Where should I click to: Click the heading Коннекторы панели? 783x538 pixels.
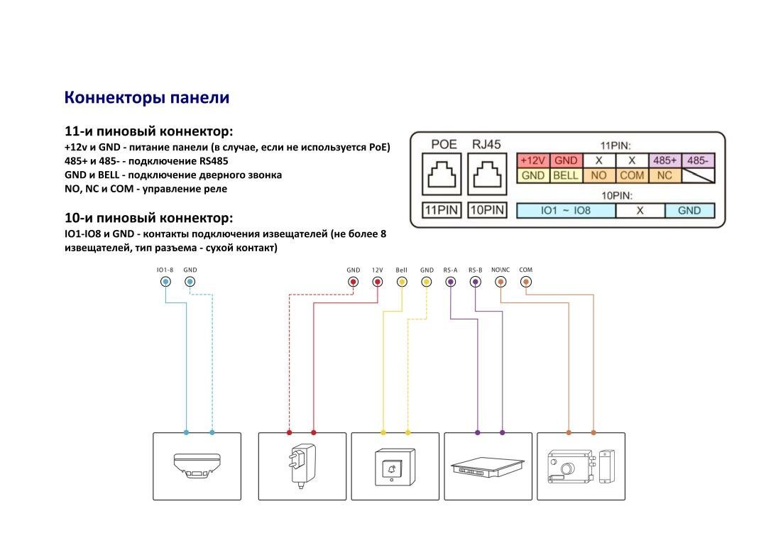pyautogui.click(x=147, y=97)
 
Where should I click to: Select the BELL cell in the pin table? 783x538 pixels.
pyautogui.click(x=566, y=175)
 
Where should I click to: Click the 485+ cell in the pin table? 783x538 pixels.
pyautogui.click(x=665, y=161)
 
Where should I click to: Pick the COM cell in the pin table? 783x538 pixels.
pyautogui.click(x=632, y=175)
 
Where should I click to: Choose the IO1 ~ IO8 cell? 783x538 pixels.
pyautogui.click(x=566, y=210)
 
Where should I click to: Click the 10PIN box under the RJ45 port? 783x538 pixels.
pyautogui.click(x=486, y=210)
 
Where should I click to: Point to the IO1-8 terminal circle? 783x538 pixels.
pyautogui.click(x=165, y=282)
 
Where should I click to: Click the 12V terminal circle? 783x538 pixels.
pyautogui.click(x=377, y=282)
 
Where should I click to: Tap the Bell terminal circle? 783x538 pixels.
pyautogui.click(x=402, y=282)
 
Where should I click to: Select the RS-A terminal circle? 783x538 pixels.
pyautogui.click(x=450, y=282)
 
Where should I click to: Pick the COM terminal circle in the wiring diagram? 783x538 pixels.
pyautogui.click(x=525, y=282)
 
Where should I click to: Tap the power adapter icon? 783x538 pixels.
pyautogui.click(x=301, y=465)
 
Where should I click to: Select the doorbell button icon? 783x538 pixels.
pyautogui.click(x=392, y=468)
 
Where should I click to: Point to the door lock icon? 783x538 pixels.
pyautogui.click(x=580, y=466)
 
